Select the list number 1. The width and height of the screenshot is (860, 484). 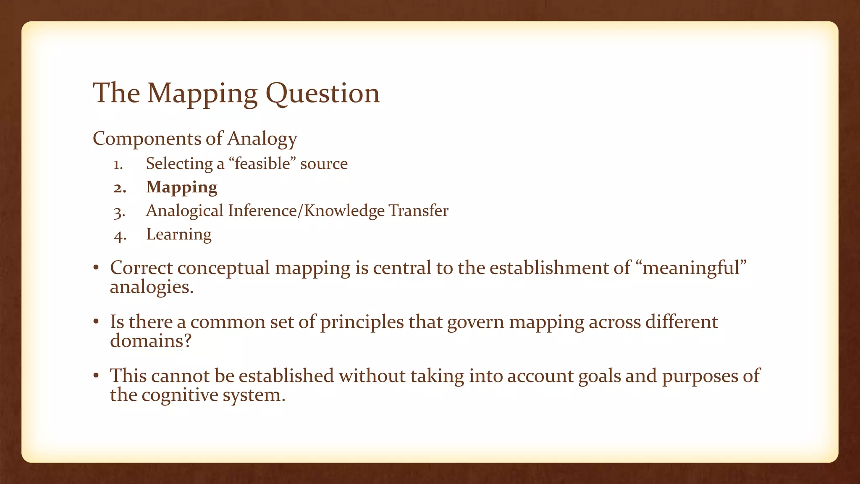[x=118, y=165]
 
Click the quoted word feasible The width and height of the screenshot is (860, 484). [x=262, y=163]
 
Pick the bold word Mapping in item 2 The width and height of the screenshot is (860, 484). [x=181, y=187]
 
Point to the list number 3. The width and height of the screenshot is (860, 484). [x=119, y=212]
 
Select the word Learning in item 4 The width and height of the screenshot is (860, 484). [x=178, y=234]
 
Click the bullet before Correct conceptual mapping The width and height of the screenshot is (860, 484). [x=96, y=268]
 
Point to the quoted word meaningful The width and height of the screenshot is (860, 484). [x=694, y=268]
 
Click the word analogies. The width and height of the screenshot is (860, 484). [x=152, y=287]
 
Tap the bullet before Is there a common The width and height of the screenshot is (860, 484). [x=96, y=322]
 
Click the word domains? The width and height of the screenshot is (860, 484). [x=150, y=340]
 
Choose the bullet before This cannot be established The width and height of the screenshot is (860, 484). [x=96, y=376]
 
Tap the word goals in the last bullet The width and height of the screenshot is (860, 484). [x=599, y=376]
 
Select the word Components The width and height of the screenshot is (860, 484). [x=147, y=139]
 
